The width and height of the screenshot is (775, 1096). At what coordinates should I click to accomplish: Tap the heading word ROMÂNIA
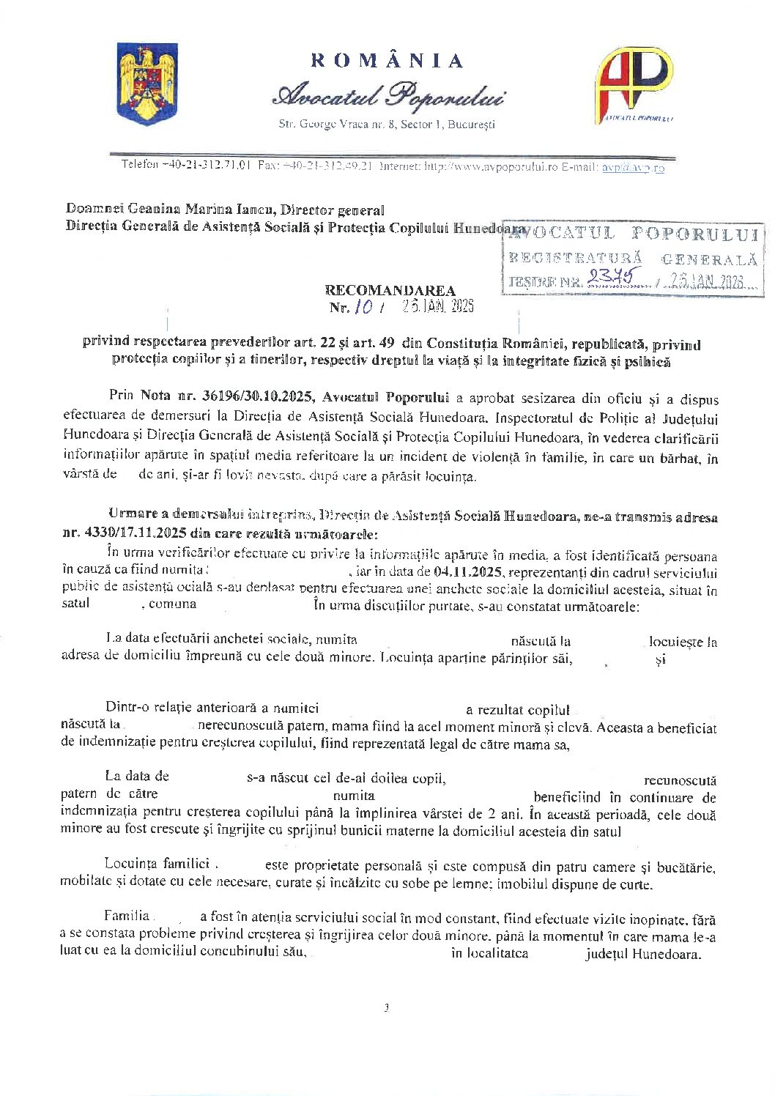(x=387, y=60)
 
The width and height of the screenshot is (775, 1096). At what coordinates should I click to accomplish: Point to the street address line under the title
(x=387, y=125)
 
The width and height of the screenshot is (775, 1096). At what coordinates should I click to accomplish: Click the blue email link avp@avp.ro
(x=633, y=168)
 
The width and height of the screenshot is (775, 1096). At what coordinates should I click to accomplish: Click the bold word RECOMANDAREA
(x=390, y=291)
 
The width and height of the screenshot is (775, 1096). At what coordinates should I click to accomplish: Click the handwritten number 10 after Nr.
(x=363, y=307)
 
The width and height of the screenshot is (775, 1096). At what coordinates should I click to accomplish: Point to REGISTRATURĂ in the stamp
(x=575, y=258)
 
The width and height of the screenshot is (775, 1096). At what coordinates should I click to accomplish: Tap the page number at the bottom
(x=386, y=1008)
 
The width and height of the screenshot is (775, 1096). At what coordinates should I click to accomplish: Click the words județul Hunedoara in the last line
(x=642, y=954)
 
